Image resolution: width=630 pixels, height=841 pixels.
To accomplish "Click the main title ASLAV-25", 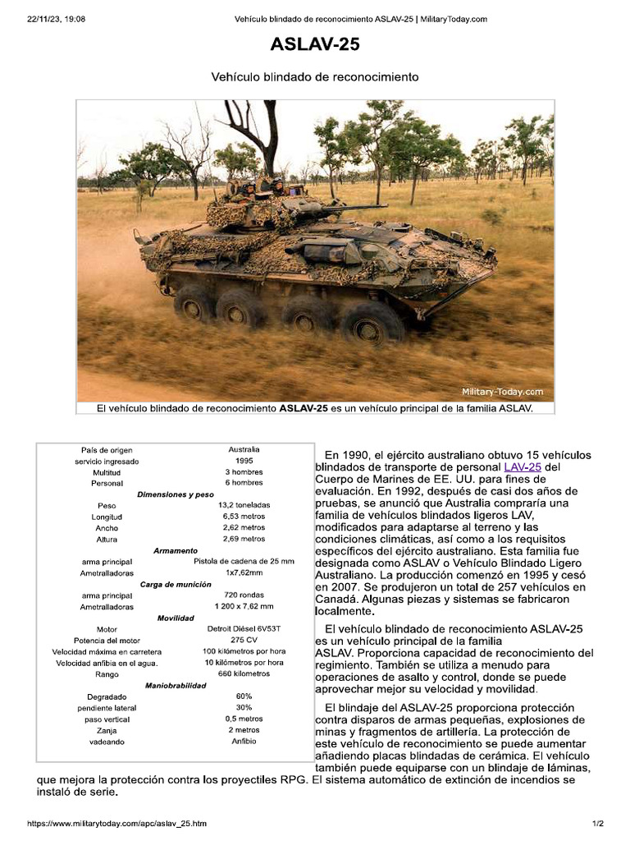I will click(x=315, y=45).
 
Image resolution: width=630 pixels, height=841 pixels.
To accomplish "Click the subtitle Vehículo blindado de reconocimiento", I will click(x=315, y=76).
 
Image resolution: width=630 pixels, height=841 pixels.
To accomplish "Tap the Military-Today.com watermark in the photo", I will click(x=502, y=392).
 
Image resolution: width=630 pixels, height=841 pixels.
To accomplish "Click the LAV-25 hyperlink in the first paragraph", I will click(x=523, y=467).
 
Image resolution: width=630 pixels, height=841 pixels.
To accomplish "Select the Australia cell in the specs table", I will click(x=244, y=449).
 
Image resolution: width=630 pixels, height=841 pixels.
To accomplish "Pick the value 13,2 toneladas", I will click(x=244, y=504).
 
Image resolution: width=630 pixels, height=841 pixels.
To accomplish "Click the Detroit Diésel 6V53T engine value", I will click(x=244, y=628).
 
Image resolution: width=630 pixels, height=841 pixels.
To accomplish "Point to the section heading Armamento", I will click(x=176, y=550).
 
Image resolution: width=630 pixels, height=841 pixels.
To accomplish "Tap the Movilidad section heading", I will click(x=176, y=618).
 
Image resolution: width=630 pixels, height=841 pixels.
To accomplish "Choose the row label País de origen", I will click(x=107, y=450).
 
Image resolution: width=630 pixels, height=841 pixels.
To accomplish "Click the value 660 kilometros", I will click(x=244, y=673).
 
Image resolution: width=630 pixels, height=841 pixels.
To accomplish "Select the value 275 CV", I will click(x=244, y=640).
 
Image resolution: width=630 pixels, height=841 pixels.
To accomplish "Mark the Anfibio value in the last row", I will click(x=244, y=741).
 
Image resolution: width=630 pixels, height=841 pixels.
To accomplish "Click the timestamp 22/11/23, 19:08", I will click(x=56, y=19).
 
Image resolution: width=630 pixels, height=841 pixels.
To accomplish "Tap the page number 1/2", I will click(x=598, y=823).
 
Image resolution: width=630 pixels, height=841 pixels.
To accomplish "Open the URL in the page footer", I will click(x=116, y=823).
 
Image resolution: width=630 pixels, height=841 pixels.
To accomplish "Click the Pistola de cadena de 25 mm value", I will click(x=244, y=561).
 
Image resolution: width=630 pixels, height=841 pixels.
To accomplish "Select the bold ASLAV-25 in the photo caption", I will click(x=305, y=407).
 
